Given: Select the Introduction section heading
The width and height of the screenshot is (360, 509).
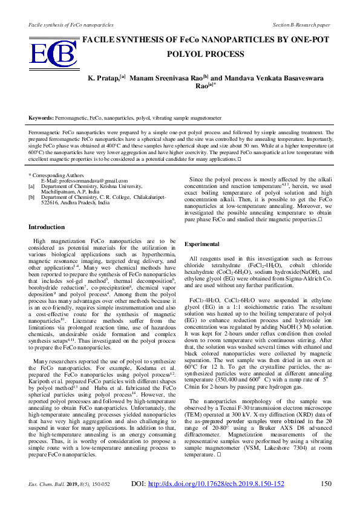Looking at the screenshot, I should [x=47, y=227].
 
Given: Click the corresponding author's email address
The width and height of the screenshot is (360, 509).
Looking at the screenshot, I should [x=84, y=181].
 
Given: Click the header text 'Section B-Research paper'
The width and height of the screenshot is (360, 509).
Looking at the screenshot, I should [x=301, y=25].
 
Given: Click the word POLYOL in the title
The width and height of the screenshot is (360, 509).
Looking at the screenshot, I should [x=186, y=53].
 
